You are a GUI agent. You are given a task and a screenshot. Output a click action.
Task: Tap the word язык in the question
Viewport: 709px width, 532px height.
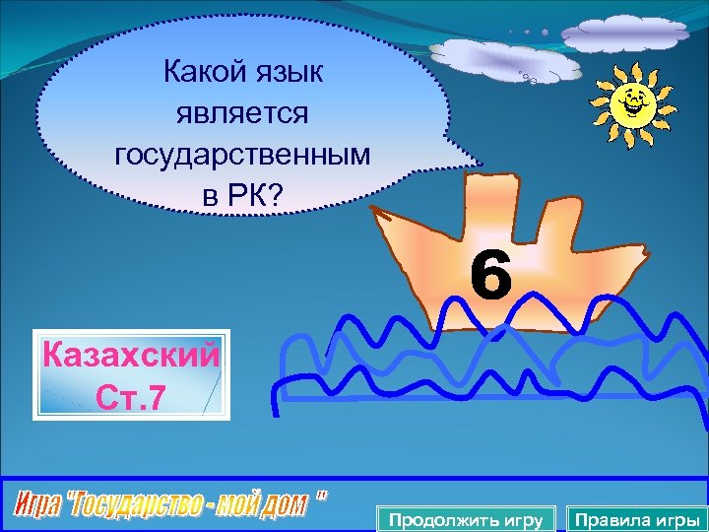tap(295, 72)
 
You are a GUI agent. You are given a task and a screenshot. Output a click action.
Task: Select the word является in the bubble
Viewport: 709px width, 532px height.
tap(242, 113)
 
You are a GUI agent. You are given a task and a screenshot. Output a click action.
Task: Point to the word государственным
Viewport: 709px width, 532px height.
tap(242, 155)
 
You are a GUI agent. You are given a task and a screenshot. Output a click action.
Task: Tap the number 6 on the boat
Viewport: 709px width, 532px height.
tap(490, 276)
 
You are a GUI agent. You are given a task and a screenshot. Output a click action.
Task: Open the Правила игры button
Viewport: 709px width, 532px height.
tap(636, 519)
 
